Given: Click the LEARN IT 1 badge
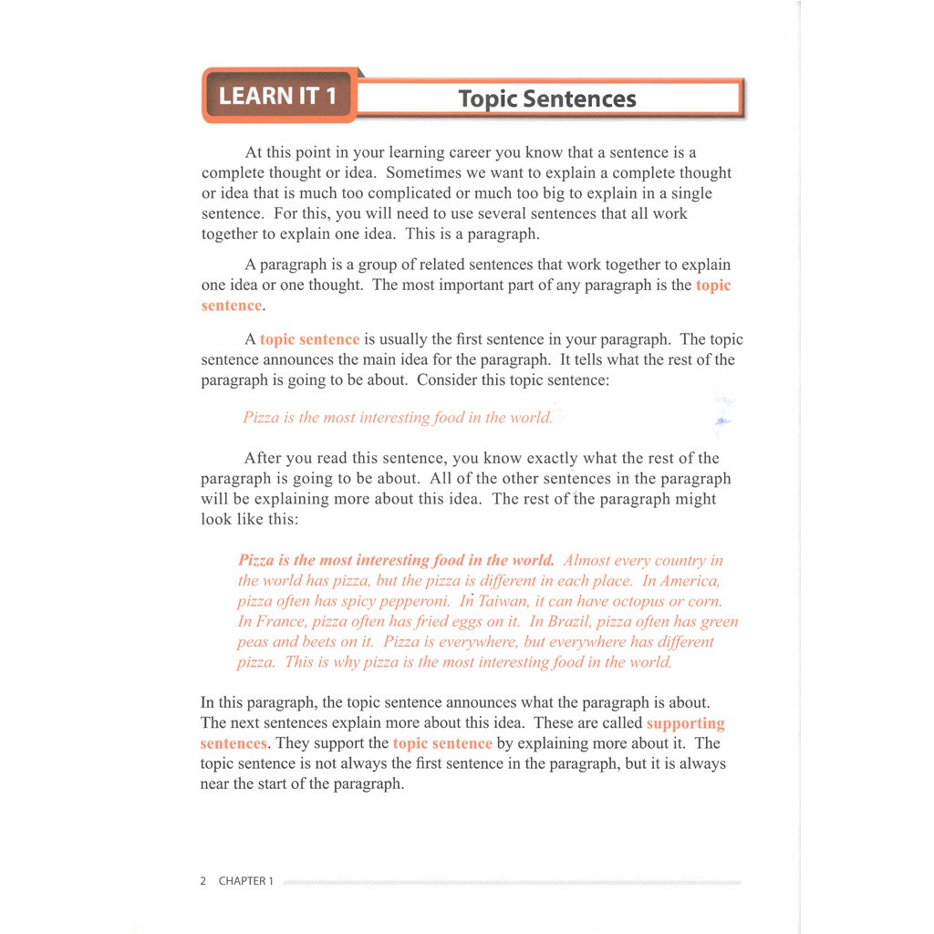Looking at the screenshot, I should pyautogui.click(x=277, y=96).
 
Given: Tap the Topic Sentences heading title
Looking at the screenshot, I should pyautogui.click(x=547, y=99).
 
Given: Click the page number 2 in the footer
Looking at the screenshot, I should pyautogui.click(x=202, y=881).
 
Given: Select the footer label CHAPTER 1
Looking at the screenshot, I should pyautogui.click(x=245, y=881).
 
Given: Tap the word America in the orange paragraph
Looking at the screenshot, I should pyautogui.click(x=690, y=581).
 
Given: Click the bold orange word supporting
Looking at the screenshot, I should pyautogui.click(x=685, y=723).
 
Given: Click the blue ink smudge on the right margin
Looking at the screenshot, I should pyautogui.click(x=723, y=420).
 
